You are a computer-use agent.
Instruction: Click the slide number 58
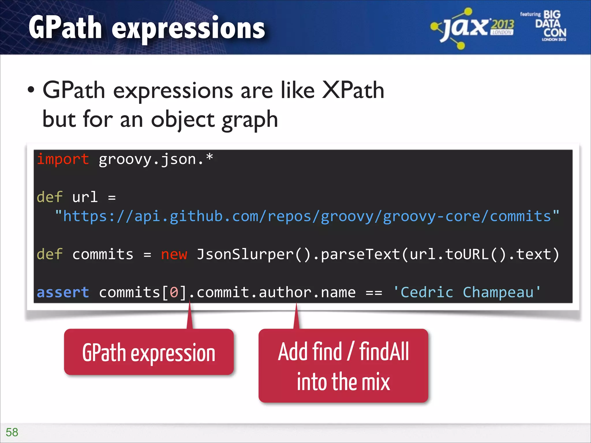12,432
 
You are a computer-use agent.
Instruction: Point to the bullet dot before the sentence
31,90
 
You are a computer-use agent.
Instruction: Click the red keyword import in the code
63,159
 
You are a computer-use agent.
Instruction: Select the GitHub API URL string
307,216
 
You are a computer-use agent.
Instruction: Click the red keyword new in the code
174,254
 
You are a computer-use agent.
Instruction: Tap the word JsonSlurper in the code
245,254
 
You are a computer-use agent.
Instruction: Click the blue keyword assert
63,292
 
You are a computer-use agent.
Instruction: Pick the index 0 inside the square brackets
174,292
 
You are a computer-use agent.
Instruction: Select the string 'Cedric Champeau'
467,292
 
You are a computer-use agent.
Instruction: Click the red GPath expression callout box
149,352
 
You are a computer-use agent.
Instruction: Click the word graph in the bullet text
250,119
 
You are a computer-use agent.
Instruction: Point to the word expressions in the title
188,28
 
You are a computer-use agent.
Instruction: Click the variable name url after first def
85,197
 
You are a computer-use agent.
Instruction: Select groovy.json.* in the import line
156,159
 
